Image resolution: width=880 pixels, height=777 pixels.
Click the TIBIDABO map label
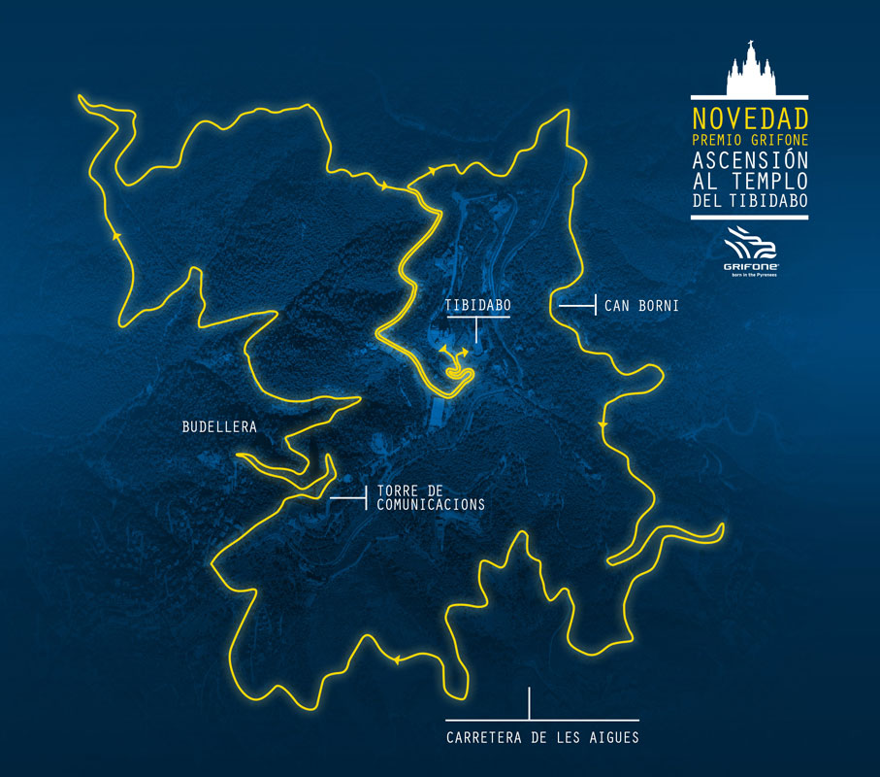tap(477, 305)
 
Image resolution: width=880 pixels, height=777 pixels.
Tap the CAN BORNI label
tap(640, 306)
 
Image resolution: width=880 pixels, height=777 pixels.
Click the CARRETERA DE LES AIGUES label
tap(542, 737)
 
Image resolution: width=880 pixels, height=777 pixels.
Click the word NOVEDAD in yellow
tap(749, 119)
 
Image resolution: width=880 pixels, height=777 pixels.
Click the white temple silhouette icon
tap(749, 70)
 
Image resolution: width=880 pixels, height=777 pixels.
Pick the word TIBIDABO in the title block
tap(773, 201)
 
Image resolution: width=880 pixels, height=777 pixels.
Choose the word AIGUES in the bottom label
tap(613, 737)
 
